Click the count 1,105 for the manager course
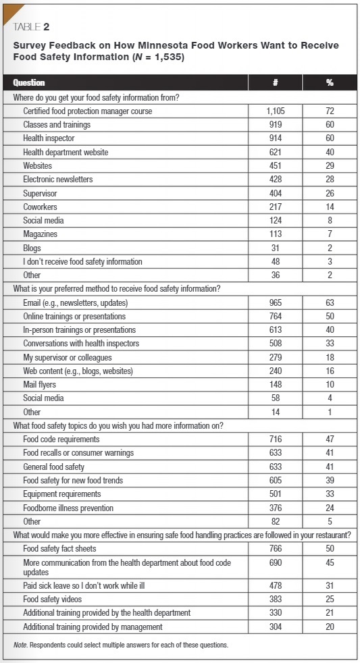pyautogui.click(x=275, y=111)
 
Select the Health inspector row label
pyautogui.click(x=52, y=138)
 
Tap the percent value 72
pyautogui.click(x=329, y=111)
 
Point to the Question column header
pyautogui.click(x=30, y=82)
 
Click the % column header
pyautogui.click(x=329, y=82)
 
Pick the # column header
pyautogui.click(x=275, y=82)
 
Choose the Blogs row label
pyautogui.click(x=32, y=248)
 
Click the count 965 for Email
pyautogui.click(x=275, y=302)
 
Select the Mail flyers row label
pyautogui.click(x=42, y=384)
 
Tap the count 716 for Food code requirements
pyautogui.click(x=275, y=439)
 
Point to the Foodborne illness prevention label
pyautogui.click(x=68, y=507)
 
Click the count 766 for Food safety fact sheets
pyautogui.click(x=275, y=548)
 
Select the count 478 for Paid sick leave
pyautogui.click(x=275, y=585)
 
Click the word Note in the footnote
pyautogui.click(x=20, y=645)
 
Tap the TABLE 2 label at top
pyautogui.click(x=31, y=27)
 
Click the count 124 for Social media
pyautogui.click(x=275, y=220)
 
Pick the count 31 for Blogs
pyautogui.click(x=275, y=248)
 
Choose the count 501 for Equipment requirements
pyautogui.click(x=275, y=494)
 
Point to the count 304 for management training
pyautogui.click(x=275, y=626)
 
